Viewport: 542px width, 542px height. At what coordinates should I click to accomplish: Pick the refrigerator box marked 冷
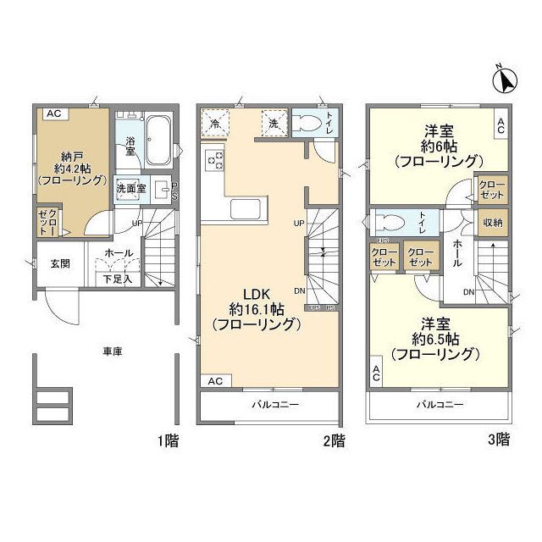point(215,124)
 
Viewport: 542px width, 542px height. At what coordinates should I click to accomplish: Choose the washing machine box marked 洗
point(274,124)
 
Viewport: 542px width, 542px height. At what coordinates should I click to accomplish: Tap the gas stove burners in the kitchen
point(213,158)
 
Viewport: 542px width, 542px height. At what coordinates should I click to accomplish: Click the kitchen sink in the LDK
point(246,209)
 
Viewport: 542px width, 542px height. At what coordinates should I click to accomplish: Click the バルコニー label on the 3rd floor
point(439,405)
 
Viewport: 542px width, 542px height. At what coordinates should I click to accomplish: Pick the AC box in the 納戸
point(53,113)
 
